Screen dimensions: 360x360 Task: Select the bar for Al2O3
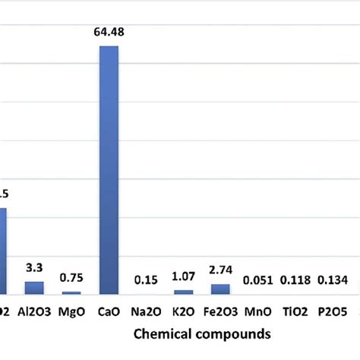click(35, 287)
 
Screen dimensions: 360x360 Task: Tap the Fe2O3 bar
click(220, 289)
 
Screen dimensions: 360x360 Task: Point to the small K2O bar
click(183, 292)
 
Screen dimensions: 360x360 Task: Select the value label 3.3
click(35, 267)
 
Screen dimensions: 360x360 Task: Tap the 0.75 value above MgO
click(72, 277)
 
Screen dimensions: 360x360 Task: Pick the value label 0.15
click(147, 279)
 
